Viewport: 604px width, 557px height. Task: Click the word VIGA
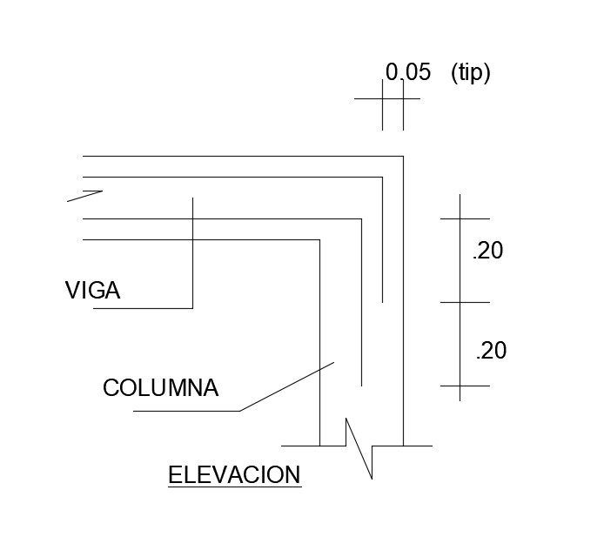pyautogui.click(x=92, y=291)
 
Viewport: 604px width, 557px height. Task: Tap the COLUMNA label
pyautogui.click(x=160, y=387)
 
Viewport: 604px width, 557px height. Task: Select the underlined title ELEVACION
pyautogui.click(x=234, y=475)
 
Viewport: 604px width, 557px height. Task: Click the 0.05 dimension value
pyautogui.click(x=408, y=72)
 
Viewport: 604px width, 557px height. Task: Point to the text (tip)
pyautogui.click(x=471, y=73)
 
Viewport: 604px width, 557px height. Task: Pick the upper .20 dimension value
pyautogui.click(x=487, y=251)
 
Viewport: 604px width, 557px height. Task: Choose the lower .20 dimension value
pyautogui.click(x=491, y=351)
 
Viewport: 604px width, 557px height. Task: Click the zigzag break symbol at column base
pyautogui.click(x=359, y=447)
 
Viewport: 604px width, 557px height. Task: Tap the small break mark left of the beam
pyautogui.click(x=85, y=195)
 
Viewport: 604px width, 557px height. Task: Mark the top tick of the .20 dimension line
pyautogui.click(x=461, y=218)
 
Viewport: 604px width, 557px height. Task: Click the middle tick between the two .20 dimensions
pyautogui.click(x=461, y=302)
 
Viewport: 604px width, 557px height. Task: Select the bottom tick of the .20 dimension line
pyautogui.click(x=461, y=385)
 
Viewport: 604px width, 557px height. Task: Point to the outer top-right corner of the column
pyautogui.click(x=403, y=156)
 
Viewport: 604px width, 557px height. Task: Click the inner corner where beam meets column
pyautogui.click(x=319, y=239)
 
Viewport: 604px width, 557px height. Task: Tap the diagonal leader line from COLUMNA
pyautogui.click(x=287, y=386)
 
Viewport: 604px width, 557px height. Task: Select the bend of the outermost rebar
pyautogui.click(x=382, y=177)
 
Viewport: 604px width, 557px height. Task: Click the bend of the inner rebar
pyautogui.click(x=361, y=218)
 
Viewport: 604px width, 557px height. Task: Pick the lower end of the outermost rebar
pyautogui.click(x=382, y=302)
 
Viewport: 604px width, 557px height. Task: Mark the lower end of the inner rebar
pyautogui.click(x=361, y=385)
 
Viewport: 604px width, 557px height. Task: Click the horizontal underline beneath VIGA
pyautogui.click(x=143, y=308)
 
